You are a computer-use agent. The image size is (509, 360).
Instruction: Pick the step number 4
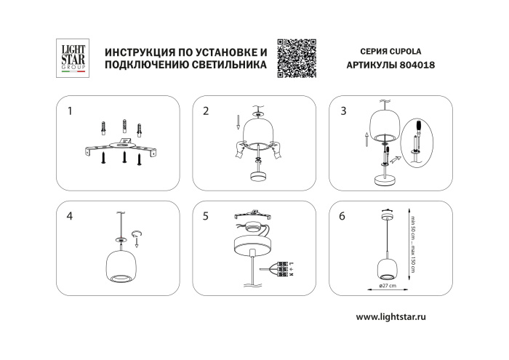pos(70,216)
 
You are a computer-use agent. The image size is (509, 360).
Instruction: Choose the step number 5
pos(207,216)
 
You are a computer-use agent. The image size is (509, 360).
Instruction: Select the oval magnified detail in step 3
pos(417,143)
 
